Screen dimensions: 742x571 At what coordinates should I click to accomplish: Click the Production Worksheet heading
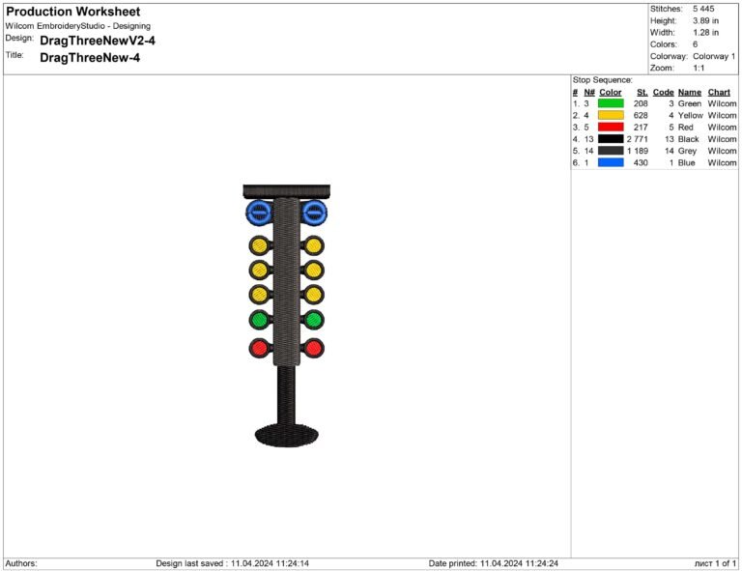click(x=72, y=12)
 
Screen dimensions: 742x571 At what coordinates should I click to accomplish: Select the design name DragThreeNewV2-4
click(x=98, y=41)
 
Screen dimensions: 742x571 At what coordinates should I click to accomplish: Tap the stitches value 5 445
click(x=703, y=9)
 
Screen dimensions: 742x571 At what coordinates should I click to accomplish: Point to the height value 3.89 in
click(x=705, y=21)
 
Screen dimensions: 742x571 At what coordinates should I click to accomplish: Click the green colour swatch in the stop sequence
click(x=611, y=103)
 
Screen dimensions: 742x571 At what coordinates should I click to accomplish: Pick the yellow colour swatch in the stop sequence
click(x=611, y=115)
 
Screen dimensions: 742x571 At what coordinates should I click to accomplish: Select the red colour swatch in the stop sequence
click(x=611, y=128)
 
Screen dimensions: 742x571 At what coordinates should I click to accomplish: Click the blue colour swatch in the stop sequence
click(x=611, y=162)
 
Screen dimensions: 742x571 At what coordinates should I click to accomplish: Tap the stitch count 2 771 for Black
click(x=638, y=139)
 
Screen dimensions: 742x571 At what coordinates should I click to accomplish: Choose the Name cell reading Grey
click(x=687, y=151)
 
